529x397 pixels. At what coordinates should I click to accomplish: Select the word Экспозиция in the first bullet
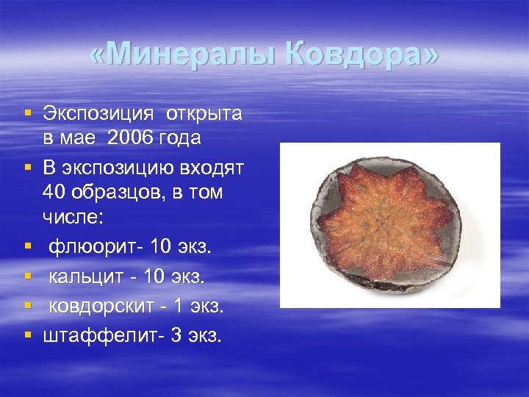coord(98,114)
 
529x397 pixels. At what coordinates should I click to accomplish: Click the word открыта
coord(204,114)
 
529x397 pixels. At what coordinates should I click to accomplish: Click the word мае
coord(76,137)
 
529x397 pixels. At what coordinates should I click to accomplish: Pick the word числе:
coord(74,216)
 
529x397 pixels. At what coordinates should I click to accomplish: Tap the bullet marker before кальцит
coord(28,276)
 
